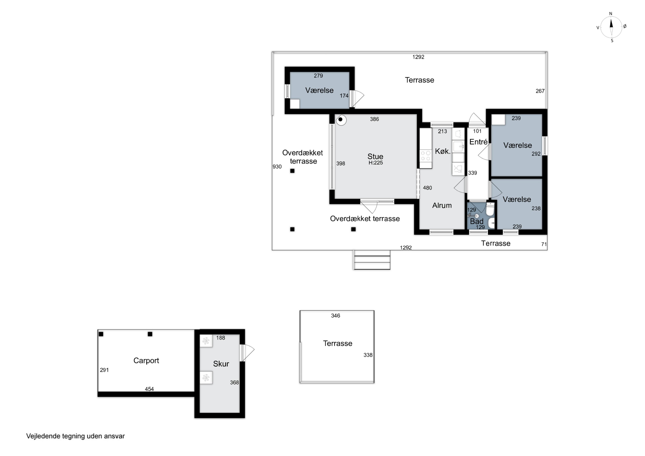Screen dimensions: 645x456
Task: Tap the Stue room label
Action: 375,157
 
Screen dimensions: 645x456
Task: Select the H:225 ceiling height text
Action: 376,163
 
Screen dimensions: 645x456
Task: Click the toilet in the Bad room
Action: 490,209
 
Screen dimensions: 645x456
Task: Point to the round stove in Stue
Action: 341,120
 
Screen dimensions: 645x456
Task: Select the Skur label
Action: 221,364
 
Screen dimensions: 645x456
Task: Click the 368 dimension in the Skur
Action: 234,382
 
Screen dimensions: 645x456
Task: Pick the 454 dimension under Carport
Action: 149,389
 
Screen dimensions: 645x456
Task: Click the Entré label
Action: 478,142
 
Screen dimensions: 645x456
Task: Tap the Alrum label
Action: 442,205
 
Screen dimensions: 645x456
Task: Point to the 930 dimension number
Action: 277,167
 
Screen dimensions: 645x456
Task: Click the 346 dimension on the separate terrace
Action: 335,316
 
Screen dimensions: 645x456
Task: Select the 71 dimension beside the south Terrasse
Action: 544,244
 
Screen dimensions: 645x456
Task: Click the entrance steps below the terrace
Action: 372,260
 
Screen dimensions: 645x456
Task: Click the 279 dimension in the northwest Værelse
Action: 318,76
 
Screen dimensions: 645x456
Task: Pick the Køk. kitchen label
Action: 443,151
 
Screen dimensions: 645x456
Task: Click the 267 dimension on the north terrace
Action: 540,91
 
